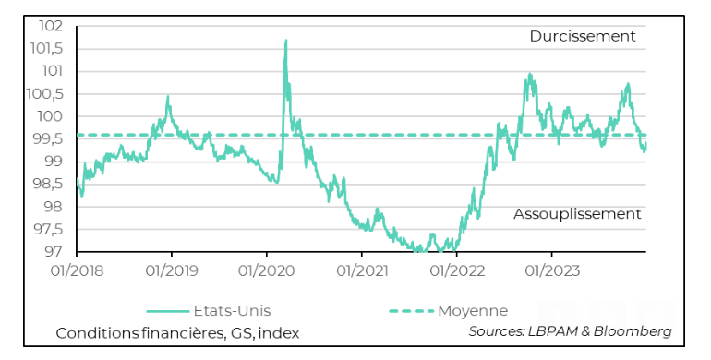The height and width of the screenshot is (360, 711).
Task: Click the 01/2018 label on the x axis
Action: pos(77,270)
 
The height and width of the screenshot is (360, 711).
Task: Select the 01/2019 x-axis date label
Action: pos(172,270)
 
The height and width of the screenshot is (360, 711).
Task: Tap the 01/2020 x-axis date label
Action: pos(267,270)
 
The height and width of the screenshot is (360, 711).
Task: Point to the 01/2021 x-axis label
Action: pos(361,270)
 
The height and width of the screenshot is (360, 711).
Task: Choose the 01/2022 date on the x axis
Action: pos(456,270)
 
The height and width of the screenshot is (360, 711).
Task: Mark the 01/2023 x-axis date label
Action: pos(551,270)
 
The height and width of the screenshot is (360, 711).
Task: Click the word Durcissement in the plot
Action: pos(583,37)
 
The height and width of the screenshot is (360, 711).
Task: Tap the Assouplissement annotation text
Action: pos(577,214)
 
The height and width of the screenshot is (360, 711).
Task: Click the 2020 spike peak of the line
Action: pos(285,41)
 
